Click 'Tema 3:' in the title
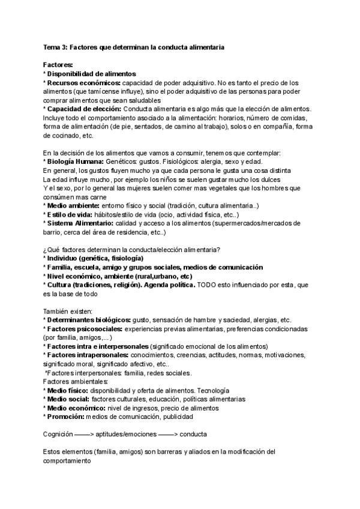pyautogui.click(x=56, y=47)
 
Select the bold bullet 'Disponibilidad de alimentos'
pyautogui.click(x=91, y=73)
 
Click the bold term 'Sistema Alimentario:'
pyautogui.click(x=83, y=223)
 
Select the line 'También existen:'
pyautogui.click(x=68, y=311)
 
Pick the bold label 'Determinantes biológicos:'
pyautogui.click(x=91, y=320)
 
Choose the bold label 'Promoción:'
pyautogui.click(x=66, y=417)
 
